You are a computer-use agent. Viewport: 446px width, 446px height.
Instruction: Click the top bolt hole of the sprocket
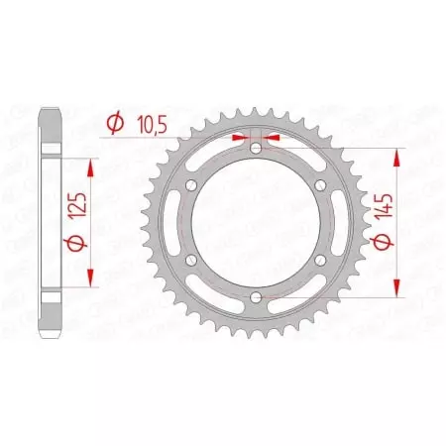(x=257, y=149)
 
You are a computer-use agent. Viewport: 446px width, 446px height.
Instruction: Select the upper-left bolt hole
(x=192, y=185)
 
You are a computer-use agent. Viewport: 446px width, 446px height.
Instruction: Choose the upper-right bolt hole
(x=321, y=185)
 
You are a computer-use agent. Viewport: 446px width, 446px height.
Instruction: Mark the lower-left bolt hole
(x=192, y=260)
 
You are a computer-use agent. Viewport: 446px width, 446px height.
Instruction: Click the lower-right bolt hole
(x=321, y=260)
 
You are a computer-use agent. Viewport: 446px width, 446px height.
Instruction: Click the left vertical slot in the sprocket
(x=177, y=223)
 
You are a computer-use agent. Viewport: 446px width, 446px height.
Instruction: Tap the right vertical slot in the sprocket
(x=336, y=223)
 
